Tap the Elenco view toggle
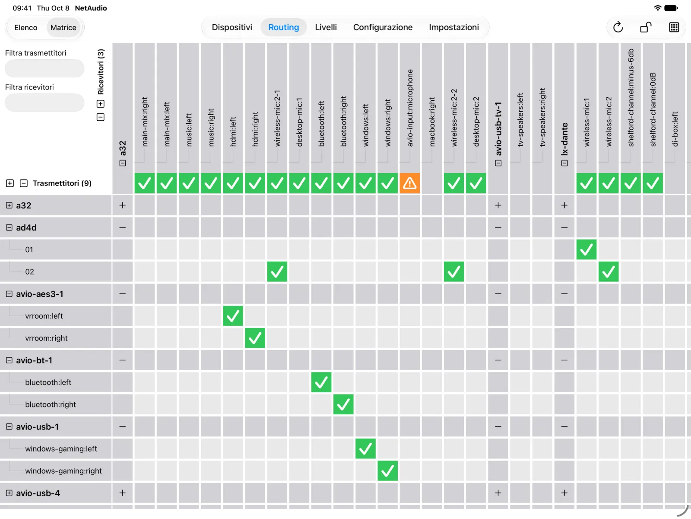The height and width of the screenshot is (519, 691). point(26,27)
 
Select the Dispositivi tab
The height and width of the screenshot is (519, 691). point(232,27)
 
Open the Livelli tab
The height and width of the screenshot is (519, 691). point(326,27)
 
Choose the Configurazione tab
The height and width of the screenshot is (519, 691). point(383,27)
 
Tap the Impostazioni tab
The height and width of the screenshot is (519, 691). point(454,27)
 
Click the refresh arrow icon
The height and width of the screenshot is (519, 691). point(618,27)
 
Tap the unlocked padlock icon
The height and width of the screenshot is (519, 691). point(646,27)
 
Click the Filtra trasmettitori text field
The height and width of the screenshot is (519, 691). point(45,68)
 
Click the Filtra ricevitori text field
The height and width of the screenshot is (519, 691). point(45,103)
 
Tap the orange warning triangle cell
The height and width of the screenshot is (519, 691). point(409,183)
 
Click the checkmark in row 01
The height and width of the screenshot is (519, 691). point(586,250)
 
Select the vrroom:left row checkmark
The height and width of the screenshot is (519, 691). point(233,316)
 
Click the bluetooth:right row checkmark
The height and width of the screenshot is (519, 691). point(343,405)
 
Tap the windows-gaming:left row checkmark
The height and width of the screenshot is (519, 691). point(365,449)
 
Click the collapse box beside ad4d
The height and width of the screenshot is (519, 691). point(9,227)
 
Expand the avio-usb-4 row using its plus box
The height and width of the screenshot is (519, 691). point(9,493)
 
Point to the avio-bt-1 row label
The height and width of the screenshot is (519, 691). point(34,360)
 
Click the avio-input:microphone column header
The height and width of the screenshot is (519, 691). point(409,108)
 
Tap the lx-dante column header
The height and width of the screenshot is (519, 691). point(564,139)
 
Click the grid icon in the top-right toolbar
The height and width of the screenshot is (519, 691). point(674,27)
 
